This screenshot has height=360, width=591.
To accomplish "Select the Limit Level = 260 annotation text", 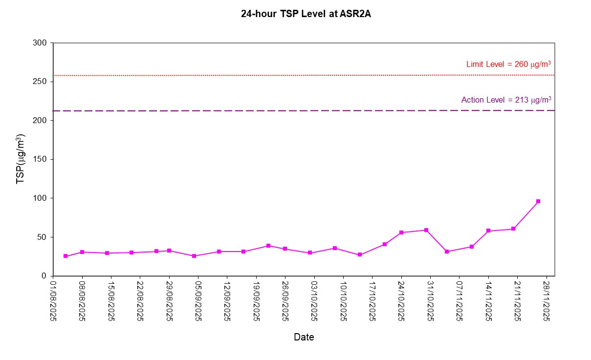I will pos(509,64).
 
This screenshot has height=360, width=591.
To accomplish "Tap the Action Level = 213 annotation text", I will pos(506,100).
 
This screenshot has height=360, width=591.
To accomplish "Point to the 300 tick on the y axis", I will pos(41,43).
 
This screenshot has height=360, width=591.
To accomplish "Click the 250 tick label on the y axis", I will pos(41,82).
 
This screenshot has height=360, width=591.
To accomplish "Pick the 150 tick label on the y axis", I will pos(41,159).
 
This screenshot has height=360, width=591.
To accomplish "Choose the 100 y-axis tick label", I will pos(41,198).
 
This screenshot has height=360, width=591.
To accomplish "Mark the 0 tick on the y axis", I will pos(44,276).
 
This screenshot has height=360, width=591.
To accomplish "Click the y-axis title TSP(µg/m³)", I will pos(21,160).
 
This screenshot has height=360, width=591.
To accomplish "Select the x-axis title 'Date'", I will pos(304,337).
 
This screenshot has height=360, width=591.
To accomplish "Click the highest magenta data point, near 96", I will pos(538,201).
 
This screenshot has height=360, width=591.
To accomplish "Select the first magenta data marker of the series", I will pos(66,256).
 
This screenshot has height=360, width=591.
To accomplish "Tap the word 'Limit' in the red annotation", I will pos(474,64).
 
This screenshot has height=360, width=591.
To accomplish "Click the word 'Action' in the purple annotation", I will pos(472,100).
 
